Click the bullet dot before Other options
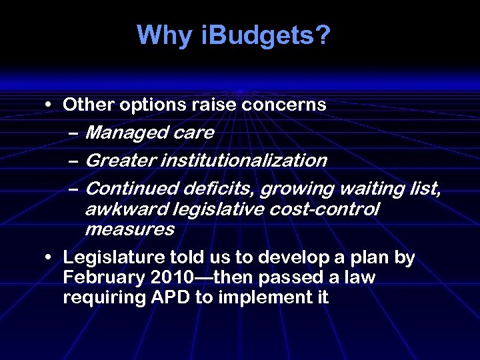point(49,105)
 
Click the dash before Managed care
point(75,133)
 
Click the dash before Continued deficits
point(75,189)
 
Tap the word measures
point(129,230)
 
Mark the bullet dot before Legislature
point(49,258)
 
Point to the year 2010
point(169,277)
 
